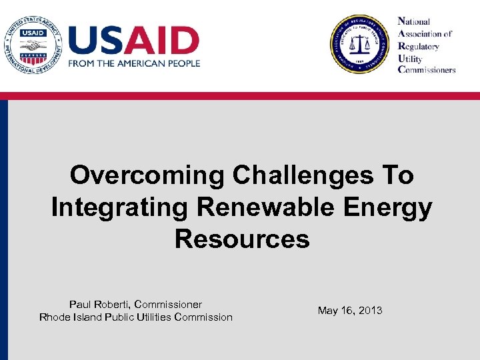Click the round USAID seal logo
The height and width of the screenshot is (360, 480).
[31, 44]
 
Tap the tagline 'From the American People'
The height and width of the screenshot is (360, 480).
[133, 63]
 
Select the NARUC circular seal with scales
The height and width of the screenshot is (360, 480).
[359, 44]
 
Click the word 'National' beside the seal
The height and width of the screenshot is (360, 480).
[414, 22]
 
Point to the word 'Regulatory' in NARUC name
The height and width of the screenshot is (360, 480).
[419, 46]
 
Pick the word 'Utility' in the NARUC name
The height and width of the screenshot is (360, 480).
[412, 58]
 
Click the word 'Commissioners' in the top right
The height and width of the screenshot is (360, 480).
[427, 70]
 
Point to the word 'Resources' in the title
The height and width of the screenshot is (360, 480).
[242, 238]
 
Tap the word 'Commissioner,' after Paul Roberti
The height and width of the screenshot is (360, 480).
[168, 304]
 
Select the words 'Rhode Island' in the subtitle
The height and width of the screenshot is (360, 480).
[70, 317]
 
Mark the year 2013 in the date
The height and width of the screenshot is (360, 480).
[370, 311]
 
